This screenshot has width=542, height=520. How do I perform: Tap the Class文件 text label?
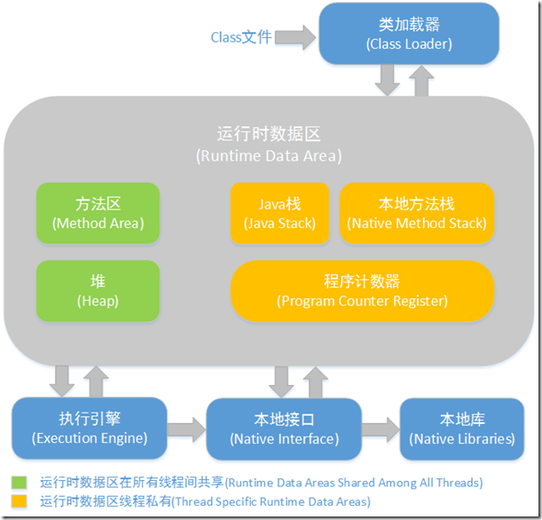(x=240, y=37)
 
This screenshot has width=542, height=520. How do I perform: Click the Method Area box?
(x=98, y=213)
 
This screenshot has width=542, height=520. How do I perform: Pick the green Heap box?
(x=98, y=290)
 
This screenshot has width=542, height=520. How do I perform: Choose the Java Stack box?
(x=279, y=213)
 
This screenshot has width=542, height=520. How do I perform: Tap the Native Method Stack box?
(x=417, y=213)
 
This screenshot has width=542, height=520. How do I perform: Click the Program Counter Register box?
(x=362, y=290)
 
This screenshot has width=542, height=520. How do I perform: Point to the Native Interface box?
(x=284, y=428)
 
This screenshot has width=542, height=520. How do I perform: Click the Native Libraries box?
(x=461, y=428)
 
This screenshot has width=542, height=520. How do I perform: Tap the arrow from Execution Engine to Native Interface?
(x=186, y=429)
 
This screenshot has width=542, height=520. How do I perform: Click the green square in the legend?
(x=20, y=483)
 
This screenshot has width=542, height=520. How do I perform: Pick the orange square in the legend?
(x=20, y=501)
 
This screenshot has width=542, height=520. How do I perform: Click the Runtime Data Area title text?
(x=269, y=144)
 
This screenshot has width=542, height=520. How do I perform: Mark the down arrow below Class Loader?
(x=387, y=81)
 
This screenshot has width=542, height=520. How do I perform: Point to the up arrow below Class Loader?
(x=421, y=81)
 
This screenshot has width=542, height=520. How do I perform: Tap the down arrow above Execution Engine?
(x=63, y=380)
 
